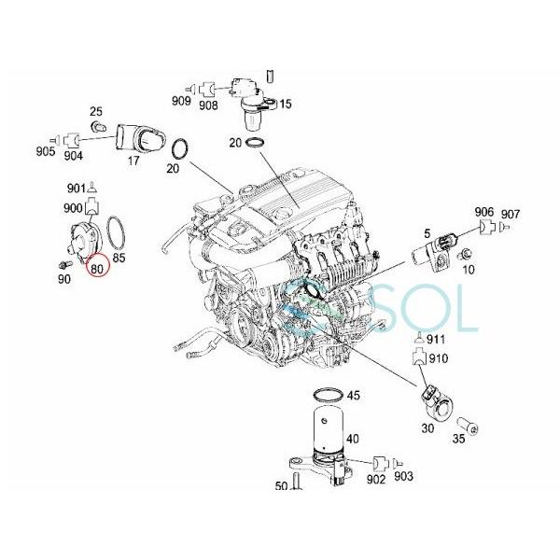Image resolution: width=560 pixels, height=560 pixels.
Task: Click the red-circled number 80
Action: click(96, 267)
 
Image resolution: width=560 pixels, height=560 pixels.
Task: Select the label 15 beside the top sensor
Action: click(285, 104)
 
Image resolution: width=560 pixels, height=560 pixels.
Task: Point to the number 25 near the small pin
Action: click(95, 112)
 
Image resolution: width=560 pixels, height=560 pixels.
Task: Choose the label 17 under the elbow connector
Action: click(134, 160)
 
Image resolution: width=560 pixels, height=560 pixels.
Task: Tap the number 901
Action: click(76, 188)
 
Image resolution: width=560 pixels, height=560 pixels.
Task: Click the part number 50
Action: click(281, 486)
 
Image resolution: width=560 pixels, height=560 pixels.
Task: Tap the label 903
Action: click(403, 477)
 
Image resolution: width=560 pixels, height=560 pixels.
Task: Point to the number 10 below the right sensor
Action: click(469, 270)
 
